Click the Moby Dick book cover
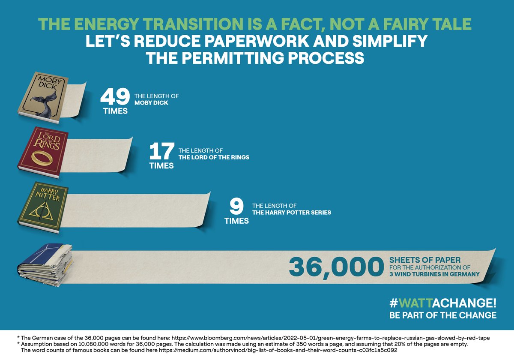(43, 97)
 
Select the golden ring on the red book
(42, 158)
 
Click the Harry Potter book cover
(43, 207)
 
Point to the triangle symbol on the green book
(41, 212)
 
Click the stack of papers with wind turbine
(45, 265)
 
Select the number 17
(162, 151)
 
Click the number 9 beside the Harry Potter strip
(236, 207)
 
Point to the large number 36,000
(336, 268)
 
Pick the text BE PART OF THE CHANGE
(443, 315)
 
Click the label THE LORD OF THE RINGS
(214, 157)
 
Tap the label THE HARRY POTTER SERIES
(292, 213)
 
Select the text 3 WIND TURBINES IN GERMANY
(434, 274)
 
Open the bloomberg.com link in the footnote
(331, 338)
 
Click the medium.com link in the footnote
(278, 350)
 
